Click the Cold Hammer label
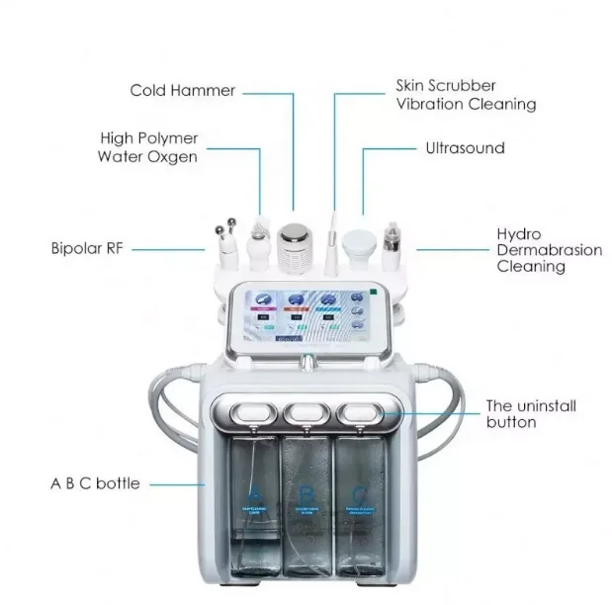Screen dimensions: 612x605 tap(182, 91)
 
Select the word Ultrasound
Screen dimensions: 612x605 tap(464, 148)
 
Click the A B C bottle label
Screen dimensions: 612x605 tap(94, 483)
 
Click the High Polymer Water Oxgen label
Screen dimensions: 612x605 tap(148, 147)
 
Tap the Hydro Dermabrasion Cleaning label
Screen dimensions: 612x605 tap(548, 250)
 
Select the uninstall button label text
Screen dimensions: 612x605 tap(530, 413)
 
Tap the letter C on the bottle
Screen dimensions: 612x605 tap(359, 489)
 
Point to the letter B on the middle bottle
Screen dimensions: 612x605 tap(306, 491)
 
